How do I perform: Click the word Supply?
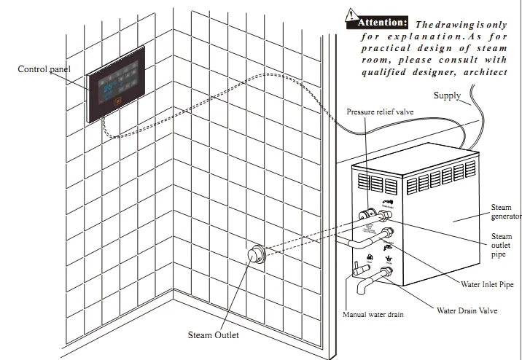[x=447, y=95]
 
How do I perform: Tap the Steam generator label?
[x=506, y=212]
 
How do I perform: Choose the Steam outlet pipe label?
[x=502, y=246]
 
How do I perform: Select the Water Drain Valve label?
[x=467, y=310]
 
